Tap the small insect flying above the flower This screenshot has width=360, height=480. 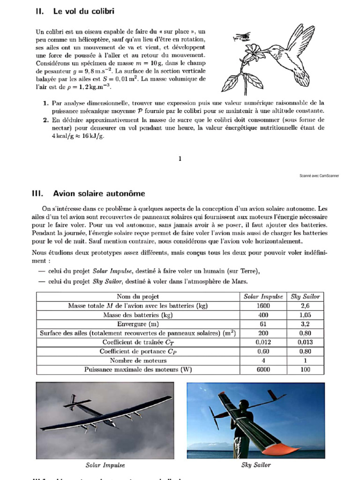[240, 37]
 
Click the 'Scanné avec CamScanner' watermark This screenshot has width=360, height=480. [319, 176]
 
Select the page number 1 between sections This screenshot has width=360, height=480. [180, 159]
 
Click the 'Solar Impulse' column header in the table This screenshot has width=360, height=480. [263, 296]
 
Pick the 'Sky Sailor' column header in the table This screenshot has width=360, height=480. [305, 296]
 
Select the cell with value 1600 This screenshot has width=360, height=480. [263, 306]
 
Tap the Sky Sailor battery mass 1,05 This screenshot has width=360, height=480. [305, 315]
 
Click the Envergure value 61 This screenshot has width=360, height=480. [263, 324]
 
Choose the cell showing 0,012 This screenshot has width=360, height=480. [263, 342]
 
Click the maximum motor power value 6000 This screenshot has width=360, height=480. [263, 369]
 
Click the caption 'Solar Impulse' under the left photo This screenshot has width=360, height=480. [105, 465]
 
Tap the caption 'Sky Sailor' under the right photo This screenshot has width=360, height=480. [256, 465]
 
